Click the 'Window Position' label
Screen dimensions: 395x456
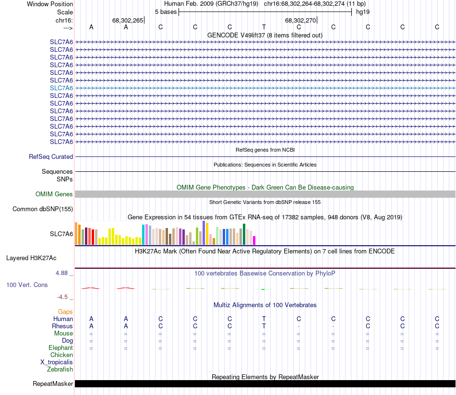50,4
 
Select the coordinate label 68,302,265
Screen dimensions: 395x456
128,21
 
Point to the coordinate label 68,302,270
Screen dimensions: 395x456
300,21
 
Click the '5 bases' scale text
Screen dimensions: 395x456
166,12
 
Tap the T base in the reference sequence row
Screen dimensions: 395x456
264,27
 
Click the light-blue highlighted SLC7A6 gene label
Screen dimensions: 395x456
61,88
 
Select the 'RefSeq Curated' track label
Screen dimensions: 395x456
51,156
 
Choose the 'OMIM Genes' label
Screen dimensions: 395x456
54,194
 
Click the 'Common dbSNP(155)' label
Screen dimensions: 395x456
43,209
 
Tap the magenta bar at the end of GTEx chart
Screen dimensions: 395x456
254,240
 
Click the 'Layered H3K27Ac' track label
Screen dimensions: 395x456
31,258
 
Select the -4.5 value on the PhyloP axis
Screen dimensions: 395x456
63,297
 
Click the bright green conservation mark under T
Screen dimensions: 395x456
263,289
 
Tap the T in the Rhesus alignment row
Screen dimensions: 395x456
264,326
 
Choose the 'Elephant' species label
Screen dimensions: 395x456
60,348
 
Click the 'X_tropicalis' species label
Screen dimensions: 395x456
57,362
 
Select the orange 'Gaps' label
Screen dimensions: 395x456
65,312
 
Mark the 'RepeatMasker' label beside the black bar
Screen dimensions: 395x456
53,384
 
